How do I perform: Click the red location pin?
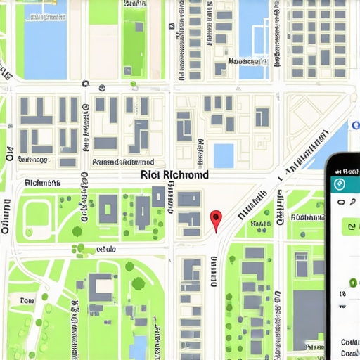tap(216, 219)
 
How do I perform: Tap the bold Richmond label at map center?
tap(174, 174)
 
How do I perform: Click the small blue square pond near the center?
tap(224, 155)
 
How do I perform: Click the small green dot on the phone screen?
tap(352, 283)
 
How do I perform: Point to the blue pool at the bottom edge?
tap(139, 346)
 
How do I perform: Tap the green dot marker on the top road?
tap(133, 84)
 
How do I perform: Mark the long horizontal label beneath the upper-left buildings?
tap(123, 162)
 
